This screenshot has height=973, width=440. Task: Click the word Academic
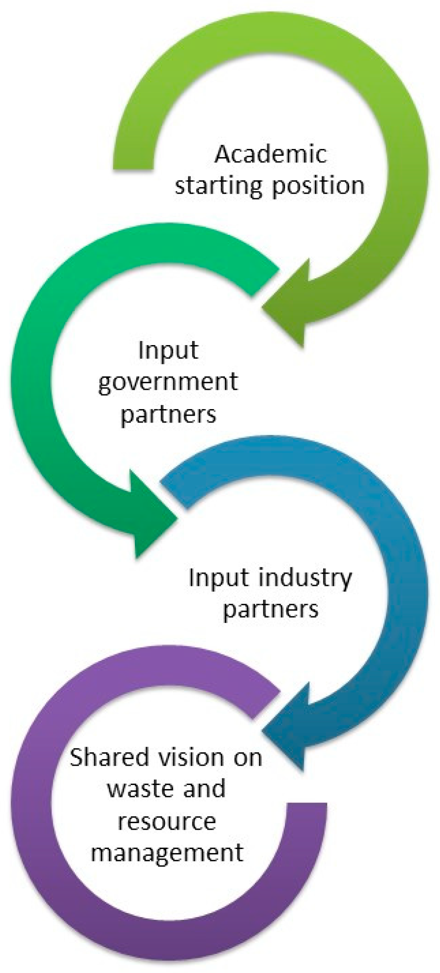271,155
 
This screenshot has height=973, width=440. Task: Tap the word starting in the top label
218,186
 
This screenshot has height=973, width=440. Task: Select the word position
318,186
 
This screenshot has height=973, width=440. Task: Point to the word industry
306,578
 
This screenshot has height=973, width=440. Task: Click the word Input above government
168,350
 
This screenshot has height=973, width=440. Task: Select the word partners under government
168,414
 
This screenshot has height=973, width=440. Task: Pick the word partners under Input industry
271,610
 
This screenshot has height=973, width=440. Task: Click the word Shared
109,758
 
